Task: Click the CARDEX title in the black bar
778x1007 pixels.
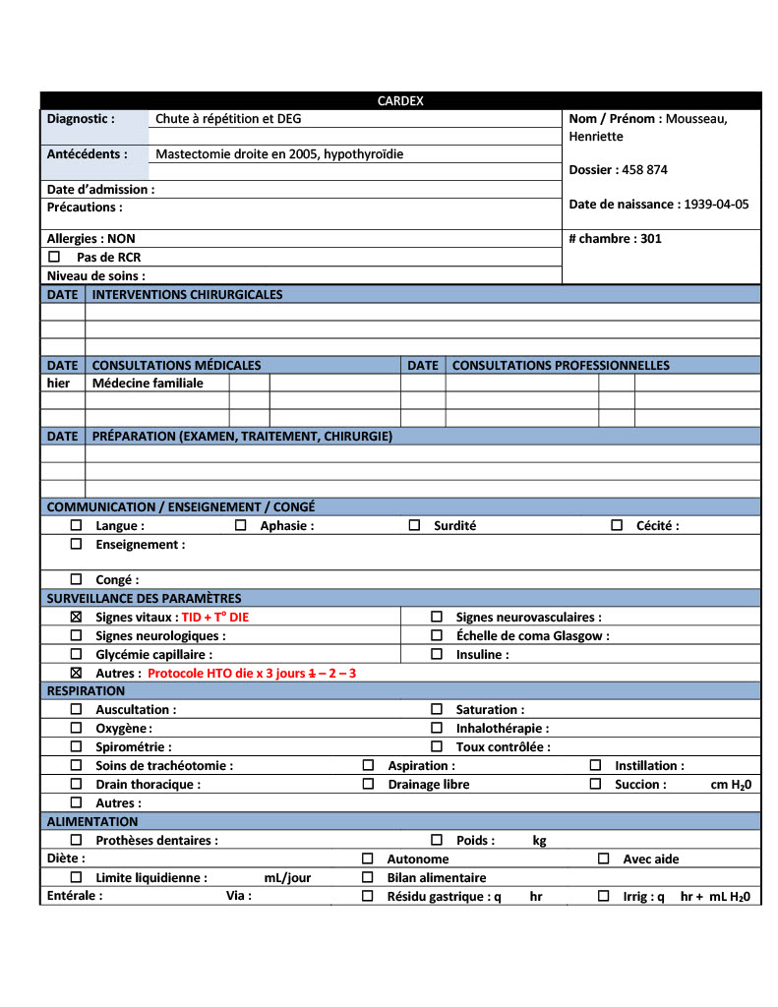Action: (400, 101)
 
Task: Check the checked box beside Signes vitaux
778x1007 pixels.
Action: (76, 618)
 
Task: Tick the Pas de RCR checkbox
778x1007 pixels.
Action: (55, 257)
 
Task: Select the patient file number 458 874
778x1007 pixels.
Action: (644, 170)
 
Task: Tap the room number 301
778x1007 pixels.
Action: (650, 239)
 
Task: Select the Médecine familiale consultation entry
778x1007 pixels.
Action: (148, 384)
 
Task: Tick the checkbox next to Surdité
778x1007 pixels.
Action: (414, 526)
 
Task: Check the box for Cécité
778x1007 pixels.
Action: (617, 526)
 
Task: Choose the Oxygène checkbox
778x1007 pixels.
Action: (76, 729)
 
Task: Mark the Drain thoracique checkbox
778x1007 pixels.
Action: (76, 785)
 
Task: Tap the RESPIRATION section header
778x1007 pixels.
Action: (86, 691)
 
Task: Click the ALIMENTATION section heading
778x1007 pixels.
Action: (92, 822)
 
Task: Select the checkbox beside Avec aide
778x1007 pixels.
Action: (604, 859)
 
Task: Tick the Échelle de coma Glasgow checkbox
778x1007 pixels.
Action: (437, 636)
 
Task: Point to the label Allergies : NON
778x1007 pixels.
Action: (91, 239)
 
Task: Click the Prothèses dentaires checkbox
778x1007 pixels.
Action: (76, 841)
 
